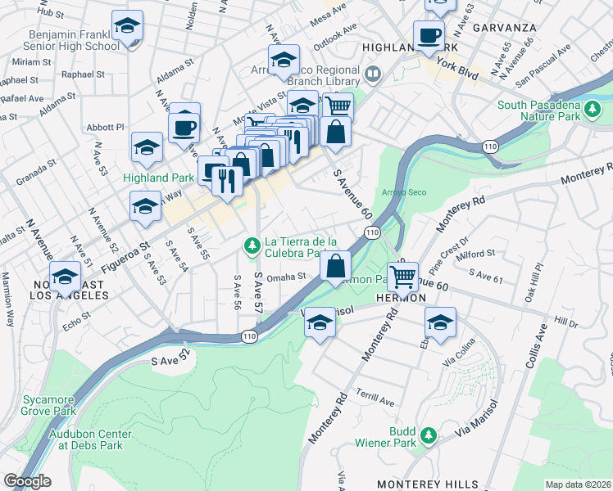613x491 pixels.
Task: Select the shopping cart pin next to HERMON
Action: coord(402,278)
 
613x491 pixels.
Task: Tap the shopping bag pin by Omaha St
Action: coord(336,266)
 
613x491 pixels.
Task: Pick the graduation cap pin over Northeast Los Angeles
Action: coord(66,276)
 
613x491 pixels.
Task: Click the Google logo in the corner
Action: coord(27,481)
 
